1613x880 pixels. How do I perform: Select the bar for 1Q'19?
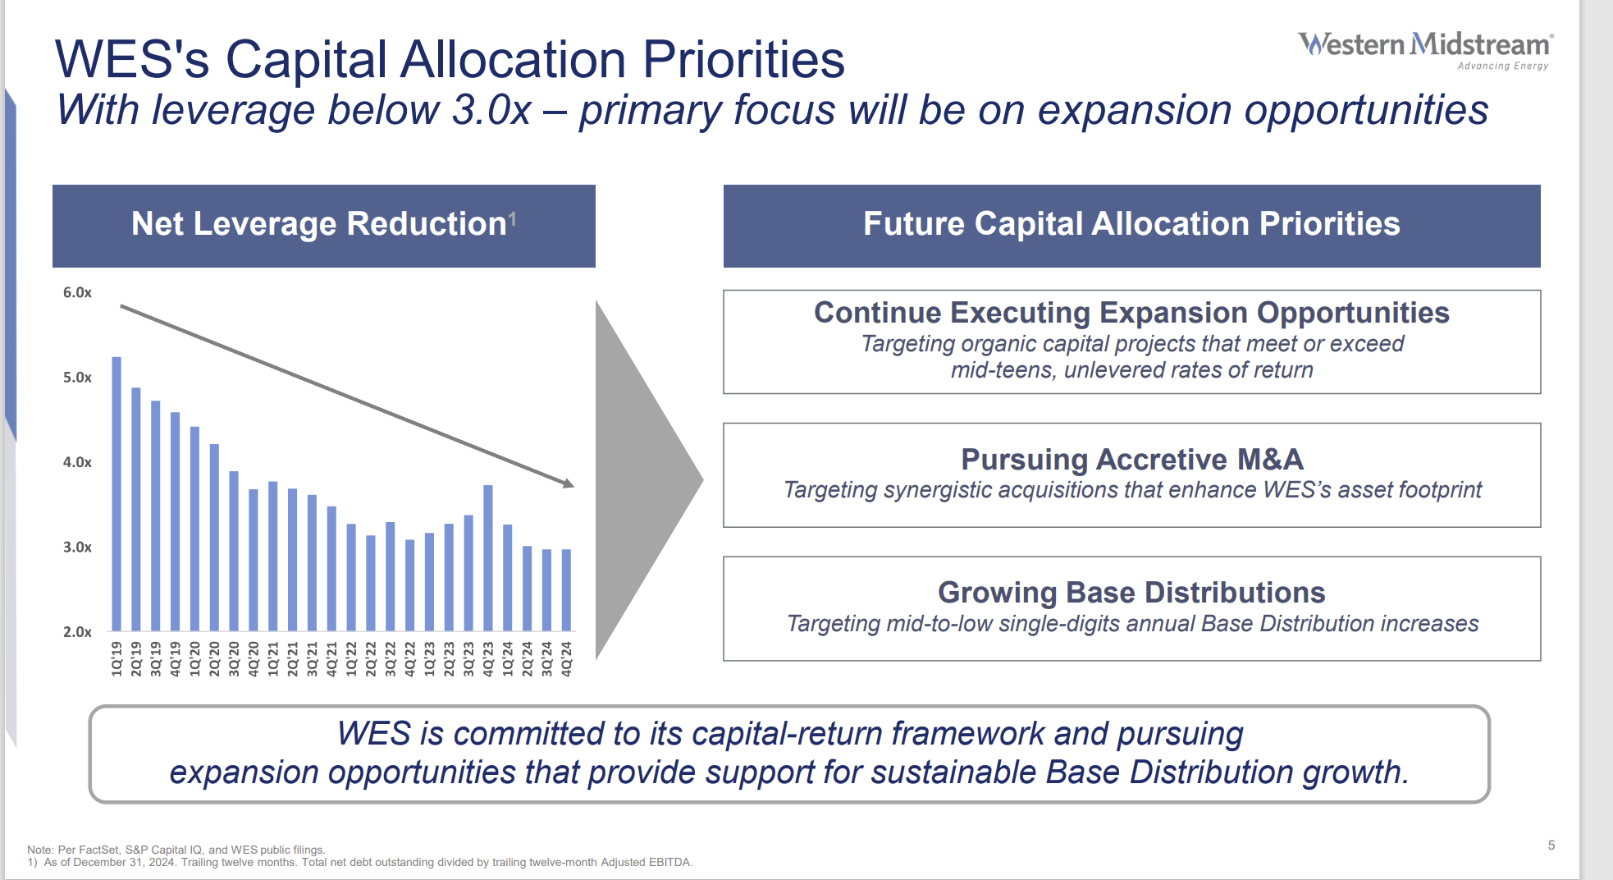click(117, 493)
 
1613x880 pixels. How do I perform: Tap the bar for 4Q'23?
click(488, 558)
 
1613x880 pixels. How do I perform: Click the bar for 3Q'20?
click(234, 550)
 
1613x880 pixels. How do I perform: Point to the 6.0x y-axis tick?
click(77, 293)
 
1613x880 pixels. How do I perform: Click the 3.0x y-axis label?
click(77, 548)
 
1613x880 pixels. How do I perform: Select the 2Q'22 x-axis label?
click(371, 659)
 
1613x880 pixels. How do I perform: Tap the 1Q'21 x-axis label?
click(273, 659)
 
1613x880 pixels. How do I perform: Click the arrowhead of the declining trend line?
click(569, 484)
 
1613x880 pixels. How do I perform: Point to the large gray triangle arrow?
click(640, 480)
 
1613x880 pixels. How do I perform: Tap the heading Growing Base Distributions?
click(1131, 593)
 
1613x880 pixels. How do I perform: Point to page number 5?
click(1551, 846)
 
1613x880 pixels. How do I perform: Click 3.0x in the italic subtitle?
click(491, 111)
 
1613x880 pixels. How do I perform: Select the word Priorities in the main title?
click(743, 60)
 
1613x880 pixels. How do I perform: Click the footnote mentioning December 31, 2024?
click(361, 863)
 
